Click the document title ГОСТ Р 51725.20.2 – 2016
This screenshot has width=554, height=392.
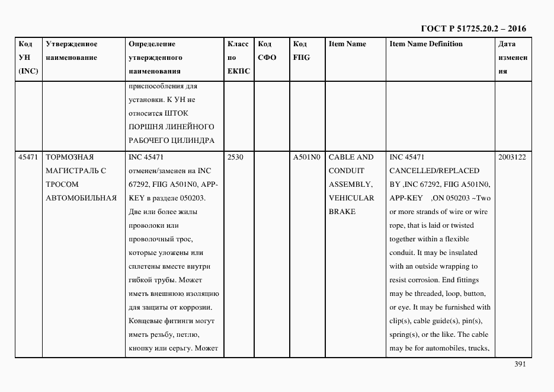point(473,28)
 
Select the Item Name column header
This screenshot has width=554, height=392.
point(347,44)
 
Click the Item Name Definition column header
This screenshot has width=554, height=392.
point(425,44)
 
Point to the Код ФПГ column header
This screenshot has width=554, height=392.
point(301,51)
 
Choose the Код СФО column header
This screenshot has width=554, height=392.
point(267,51)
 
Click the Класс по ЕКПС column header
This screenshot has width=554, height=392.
point(238,58)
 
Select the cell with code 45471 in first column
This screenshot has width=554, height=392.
point(28,157)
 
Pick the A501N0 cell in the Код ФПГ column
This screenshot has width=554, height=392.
point(306,157)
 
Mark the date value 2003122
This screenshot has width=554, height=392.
point(513,157)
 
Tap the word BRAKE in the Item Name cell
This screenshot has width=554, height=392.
point(342,212)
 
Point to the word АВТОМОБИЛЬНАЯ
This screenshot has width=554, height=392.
point(81,198)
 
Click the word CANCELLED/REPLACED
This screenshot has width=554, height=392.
point(434,171)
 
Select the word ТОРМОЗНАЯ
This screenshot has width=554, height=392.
point(70,157)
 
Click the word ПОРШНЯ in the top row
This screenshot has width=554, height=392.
point(144,126)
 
